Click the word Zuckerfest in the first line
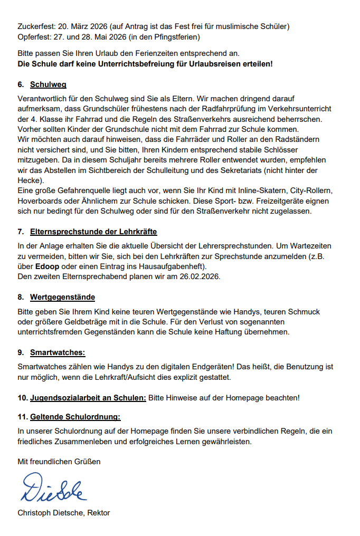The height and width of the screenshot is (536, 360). pyautogui.click(x=34, y=26)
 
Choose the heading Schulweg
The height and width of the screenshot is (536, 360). pyautogui.click(x=48, y=84)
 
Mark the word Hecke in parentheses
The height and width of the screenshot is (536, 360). pyautogui.click(x=28, y=179)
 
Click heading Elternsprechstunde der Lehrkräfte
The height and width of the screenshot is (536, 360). pyautogui.click(x=93, y=232)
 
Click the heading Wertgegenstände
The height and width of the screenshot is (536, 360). pyautogui.click(x=62, y=297)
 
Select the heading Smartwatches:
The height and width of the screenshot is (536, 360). pyautogui.click(x=58, y=352)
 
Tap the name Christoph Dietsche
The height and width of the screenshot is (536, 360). pyautogui.click(x=50, y=513)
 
